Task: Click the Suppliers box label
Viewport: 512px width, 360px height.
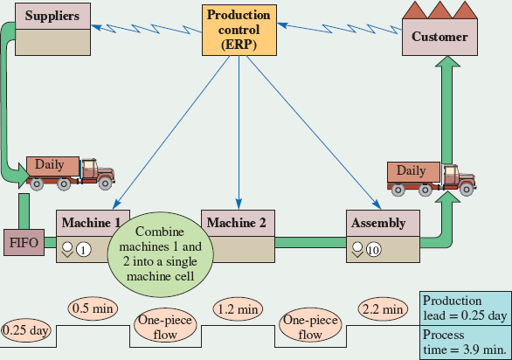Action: [52, 16]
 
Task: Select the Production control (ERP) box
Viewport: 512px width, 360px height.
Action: [238, 31]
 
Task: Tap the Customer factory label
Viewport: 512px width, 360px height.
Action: [439, 37]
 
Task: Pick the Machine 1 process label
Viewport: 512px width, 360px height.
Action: [93, 222]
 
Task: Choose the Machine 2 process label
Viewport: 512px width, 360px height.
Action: [238, 222]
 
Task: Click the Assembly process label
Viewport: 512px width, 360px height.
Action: [377, 223]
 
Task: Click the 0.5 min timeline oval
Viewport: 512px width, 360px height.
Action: [92, 308]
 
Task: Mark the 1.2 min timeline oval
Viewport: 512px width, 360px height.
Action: [238, 308]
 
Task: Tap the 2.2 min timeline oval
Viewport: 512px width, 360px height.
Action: [382, 308]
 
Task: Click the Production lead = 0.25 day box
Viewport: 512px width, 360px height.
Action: [465, 308]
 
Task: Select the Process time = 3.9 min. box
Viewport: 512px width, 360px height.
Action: [465, 342]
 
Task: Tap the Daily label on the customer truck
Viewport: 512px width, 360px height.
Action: [412, 170]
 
